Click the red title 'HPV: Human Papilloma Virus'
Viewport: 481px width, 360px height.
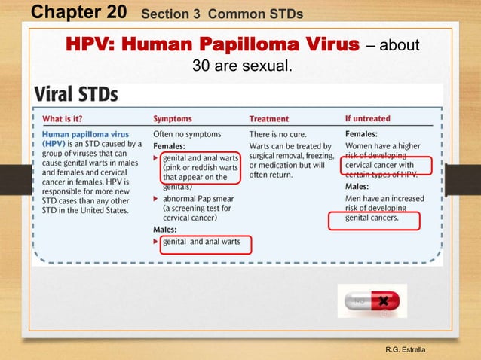[x=213, y=44]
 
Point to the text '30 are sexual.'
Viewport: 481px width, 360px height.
[x=241, y=66]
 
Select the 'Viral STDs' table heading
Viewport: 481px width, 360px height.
[x=75, y=96]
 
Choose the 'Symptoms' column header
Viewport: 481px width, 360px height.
[x=173, y=118]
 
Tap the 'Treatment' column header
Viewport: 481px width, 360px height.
[x=269, y=118]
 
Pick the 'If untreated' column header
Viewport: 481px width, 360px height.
[x=367, y=118]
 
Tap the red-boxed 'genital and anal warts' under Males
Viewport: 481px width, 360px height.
[x=203, y=243]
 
